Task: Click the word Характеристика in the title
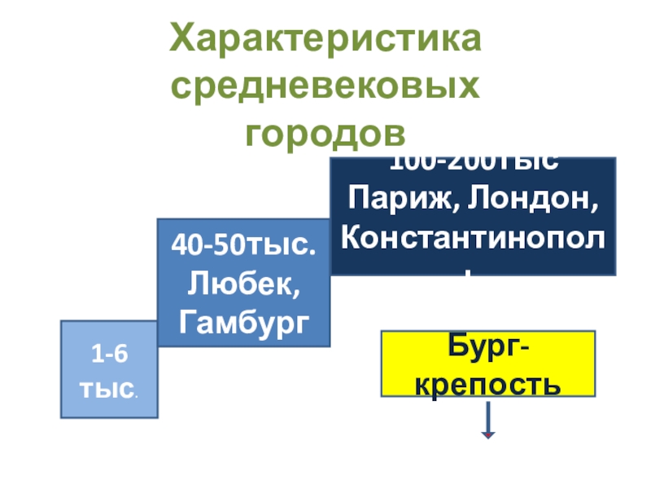pos(325,39)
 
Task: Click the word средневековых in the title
pos(325,85)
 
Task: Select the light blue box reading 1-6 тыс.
pos(109,369)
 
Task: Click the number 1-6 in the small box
pos(109,355)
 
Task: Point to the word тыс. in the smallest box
pos(108,387)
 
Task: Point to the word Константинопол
pos(473,237)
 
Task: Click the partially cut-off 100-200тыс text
pos(473,164)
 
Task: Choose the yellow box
pos(488,363)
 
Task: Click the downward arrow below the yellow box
pos(488,422)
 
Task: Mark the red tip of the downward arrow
pos(488,437)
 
